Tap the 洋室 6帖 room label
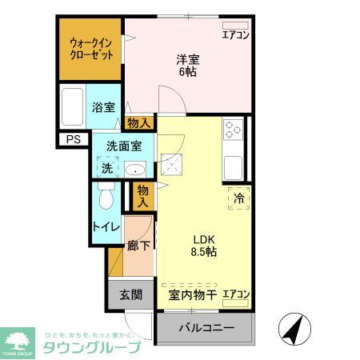click(187, 65)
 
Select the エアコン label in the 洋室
click(235, 34)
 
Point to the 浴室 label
click(102, 107)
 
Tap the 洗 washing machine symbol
click(107, 168)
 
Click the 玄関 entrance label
click(131, 294)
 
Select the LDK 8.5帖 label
click(204, 245)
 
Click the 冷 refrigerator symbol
click(238, 197)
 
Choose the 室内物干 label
click(193, 294)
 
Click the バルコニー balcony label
click(206, 327)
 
